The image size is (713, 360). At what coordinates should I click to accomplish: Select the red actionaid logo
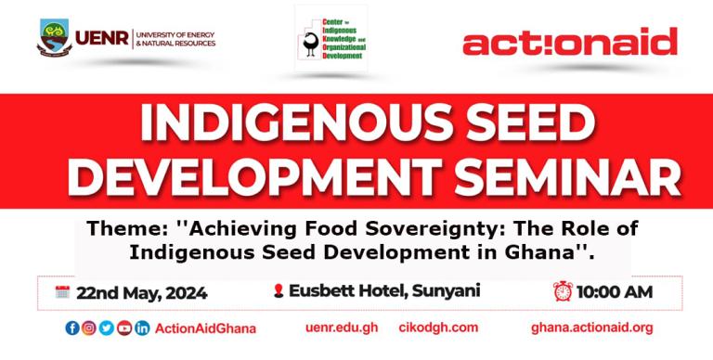(569, 42)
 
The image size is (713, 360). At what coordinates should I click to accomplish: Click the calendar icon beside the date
(63, 292)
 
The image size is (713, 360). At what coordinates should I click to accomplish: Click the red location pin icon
(278, 292)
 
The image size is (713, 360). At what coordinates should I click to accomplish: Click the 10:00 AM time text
(614, 292)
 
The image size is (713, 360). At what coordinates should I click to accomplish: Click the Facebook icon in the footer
(72, 328)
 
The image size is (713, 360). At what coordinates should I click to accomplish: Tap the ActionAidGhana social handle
(205, 328)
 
